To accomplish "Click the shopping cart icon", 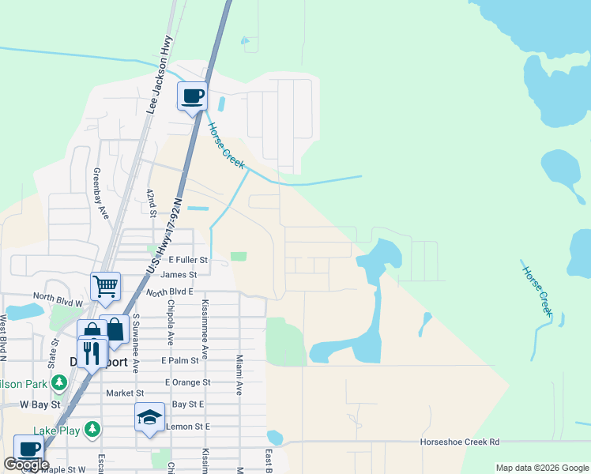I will [105, 286].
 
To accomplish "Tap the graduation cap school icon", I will [149, 417].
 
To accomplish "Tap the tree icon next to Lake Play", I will [93, 429].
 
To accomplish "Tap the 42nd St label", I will [149, 201].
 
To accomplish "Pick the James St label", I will [178, 275].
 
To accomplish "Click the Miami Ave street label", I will [238, 374].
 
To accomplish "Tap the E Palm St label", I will [179, 360].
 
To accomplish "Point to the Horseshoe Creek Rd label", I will [460, 442].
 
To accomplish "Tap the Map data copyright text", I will [541, 468].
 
